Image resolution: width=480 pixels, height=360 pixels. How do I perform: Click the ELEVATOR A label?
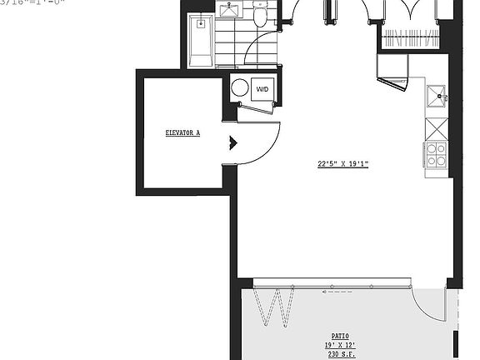[x=182, y=132]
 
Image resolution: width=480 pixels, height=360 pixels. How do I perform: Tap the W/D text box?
[x=262, y=89]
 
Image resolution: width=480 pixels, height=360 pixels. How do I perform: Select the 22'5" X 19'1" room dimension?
[x=342, y=164]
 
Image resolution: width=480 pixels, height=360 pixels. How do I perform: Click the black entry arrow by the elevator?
[x=233, y=143]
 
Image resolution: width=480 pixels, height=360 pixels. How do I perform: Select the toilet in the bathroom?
[x=260, y=14]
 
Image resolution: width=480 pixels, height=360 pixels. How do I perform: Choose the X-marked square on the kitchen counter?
[x=437, y=129]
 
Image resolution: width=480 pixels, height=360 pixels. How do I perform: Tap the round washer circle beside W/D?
[x=240, y=88]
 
